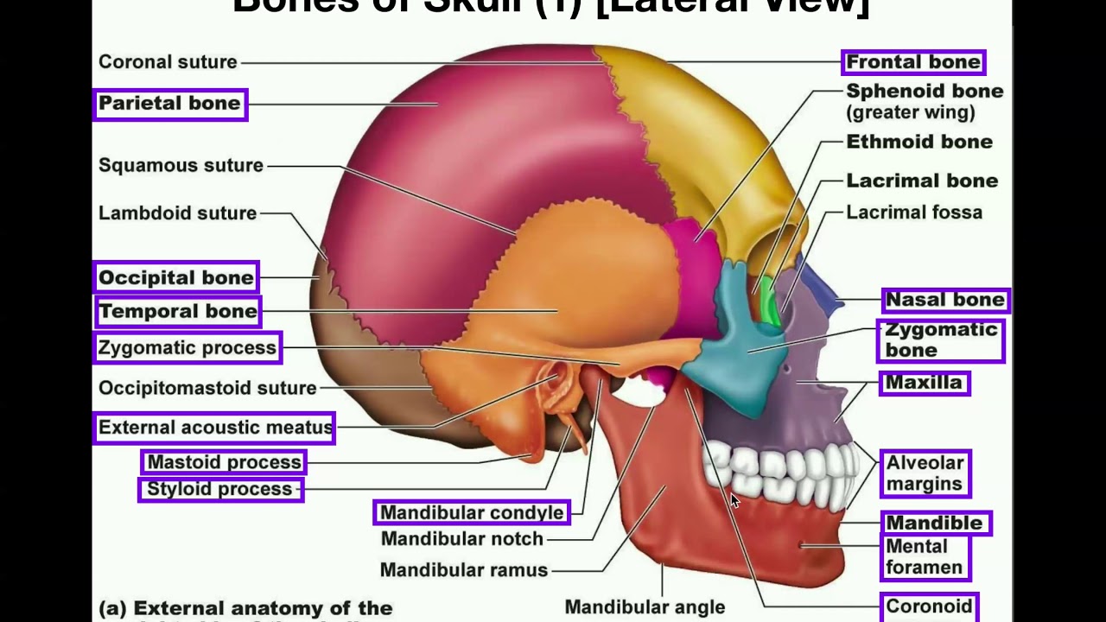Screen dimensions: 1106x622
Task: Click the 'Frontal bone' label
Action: [913, 62]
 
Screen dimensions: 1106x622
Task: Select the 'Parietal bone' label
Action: [169, 104]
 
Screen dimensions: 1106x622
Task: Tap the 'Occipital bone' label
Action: [176, 277]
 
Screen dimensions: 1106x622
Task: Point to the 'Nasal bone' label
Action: [945, 300]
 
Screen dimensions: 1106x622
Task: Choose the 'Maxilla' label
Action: [924, 383]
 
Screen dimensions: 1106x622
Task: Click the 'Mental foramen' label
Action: [924, 557]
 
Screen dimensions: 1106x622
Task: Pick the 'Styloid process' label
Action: [219, 489]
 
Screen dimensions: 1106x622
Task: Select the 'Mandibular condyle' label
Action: [472, 512]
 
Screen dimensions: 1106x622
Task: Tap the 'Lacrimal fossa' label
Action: [913, 213]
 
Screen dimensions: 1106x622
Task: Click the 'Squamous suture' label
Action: [181, 165]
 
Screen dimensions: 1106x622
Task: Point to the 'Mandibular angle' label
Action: [645, 607]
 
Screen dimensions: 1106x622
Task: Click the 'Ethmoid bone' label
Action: [918, 142]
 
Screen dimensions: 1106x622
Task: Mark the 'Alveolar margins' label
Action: [924, 473]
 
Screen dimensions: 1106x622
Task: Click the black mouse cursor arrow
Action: [734, 500]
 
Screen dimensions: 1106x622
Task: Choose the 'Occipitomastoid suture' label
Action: [207, 388]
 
